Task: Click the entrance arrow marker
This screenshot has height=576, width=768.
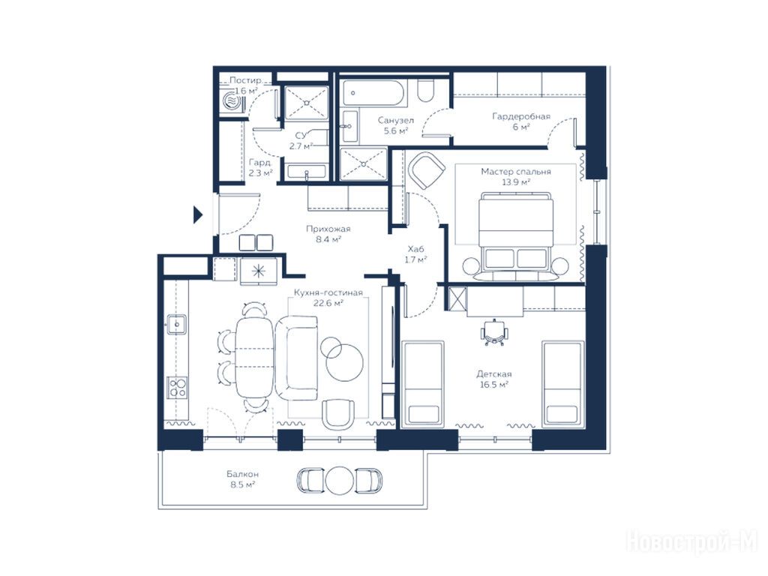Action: click(197, 214)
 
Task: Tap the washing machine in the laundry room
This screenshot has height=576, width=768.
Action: click(232, 102)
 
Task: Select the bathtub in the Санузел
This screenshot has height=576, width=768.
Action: click(374, 93)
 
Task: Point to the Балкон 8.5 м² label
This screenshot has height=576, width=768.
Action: click(242, 479)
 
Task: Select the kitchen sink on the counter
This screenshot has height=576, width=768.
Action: click(176, 324)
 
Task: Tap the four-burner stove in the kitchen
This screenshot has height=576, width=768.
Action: click(177, 388)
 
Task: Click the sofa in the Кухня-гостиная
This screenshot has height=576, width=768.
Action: click(297, 358)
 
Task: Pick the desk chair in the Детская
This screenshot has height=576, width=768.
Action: click(495, 332)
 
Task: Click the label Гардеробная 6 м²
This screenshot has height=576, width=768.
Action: click(521, 121)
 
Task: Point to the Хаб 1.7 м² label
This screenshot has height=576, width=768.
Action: click(415, 254)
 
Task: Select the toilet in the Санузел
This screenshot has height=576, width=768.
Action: click(426, 91)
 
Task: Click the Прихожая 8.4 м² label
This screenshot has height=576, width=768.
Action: click(328, 234)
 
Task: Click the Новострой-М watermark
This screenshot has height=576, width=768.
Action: click(692, 541)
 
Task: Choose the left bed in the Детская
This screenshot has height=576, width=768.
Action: click(423, 383)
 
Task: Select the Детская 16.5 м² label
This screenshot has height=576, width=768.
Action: click(494, 379)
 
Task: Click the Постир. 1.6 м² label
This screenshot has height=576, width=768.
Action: click(246, 85)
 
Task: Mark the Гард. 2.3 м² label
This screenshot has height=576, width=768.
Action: click(260, 167)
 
